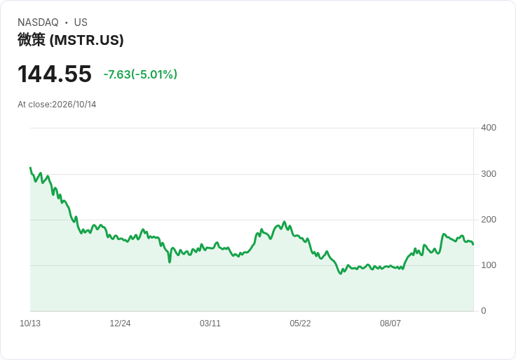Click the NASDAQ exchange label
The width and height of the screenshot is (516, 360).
coord(38,22)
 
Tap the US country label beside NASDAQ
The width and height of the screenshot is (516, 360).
coord(81,22)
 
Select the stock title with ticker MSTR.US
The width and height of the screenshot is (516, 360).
coord(70,40)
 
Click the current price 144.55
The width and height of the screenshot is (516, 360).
coord(54,74)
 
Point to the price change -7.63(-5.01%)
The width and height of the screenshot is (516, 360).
coord(140,74)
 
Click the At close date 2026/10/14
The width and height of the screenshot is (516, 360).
coord(57,105)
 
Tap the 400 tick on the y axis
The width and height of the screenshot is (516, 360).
coord(489,128)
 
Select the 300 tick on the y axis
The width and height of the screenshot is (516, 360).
coord(489,174)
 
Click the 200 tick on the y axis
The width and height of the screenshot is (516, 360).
coord(489,220)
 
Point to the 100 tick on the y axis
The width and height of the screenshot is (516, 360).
coord(489,265)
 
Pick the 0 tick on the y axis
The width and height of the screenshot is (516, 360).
coord(484,311)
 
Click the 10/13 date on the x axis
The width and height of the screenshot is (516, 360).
coord(30,324)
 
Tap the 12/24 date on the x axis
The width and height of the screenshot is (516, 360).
coord(120,324)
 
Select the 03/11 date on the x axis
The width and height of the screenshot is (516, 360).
coord(210,324)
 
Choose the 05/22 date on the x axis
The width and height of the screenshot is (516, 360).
coord(300,324)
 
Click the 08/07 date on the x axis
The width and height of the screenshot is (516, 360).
coord(391,324)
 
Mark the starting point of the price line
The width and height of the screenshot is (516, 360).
coord(30,168)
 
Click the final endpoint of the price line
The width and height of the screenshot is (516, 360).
coord(473,244)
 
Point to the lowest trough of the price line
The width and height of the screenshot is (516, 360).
coord(341,274)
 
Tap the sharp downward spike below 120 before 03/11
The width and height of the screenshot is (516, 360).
coord(170,262)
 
